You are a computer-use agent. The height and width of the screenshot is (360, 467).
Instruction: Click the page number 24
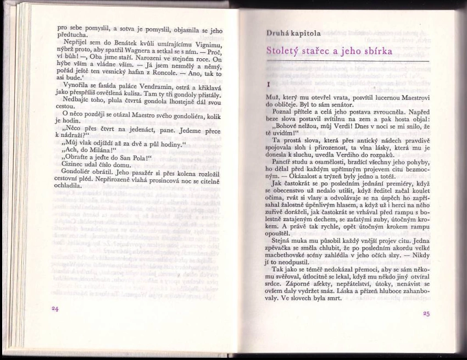(54, 309)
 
